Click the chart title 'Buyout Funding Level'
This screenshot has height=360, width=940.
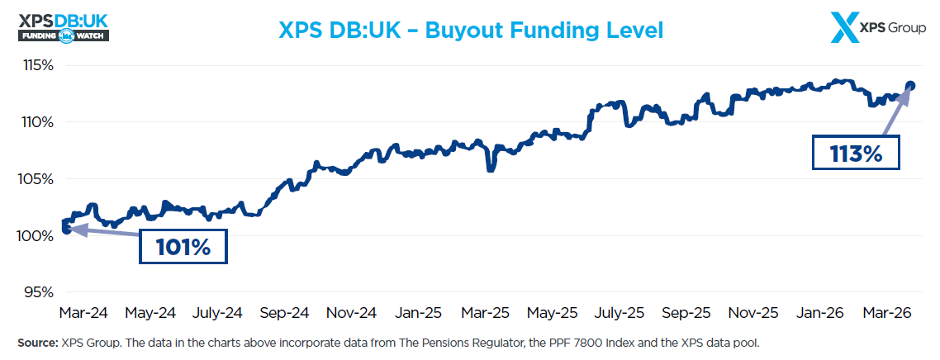pyautogui.click(x=471, y=31)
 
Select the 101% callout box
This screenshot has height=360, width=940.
pyautogui.click(x=183, y=246)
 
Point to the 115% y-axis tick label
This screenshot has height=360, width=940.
pyautogui.click(x=37, y=64)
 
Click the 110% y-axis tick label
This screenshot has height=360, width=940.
pyautogui.click(x=37, y=122)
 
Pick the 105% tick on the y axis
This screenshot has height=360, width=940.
pyautogui.click(x=37, y=179)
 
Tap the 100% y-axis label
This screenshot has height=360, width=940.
pyautogui.click(x=37, y=236)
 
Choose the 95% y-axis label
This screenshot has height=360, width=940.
pyautogui.click(x=39, y=292)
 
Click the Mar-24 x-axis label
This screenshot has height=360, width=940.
pyautogui.click(x=83, y=314)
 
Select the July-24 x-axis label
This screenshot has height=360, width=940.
pyautogui.click(x=217, y=314)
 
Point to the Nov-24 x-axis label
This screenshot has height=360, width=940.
pyautogui.click(x=351, y=314)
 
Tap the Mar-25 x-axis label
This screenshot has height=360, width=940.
pyautogui.click(x=485, y=314)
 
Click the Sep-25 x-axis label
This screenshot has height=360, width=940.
pyautogui.click(x=686, y=314)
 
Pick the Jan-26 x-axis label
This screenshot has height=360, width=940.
pyautogui.click(x=820, y=314)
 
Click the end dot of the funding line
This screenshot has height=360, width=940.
pyautogui.click(x=910, y=85)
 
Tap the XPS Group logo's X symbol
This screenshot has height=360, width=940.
pyautogui.click(x=844, y=28)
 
